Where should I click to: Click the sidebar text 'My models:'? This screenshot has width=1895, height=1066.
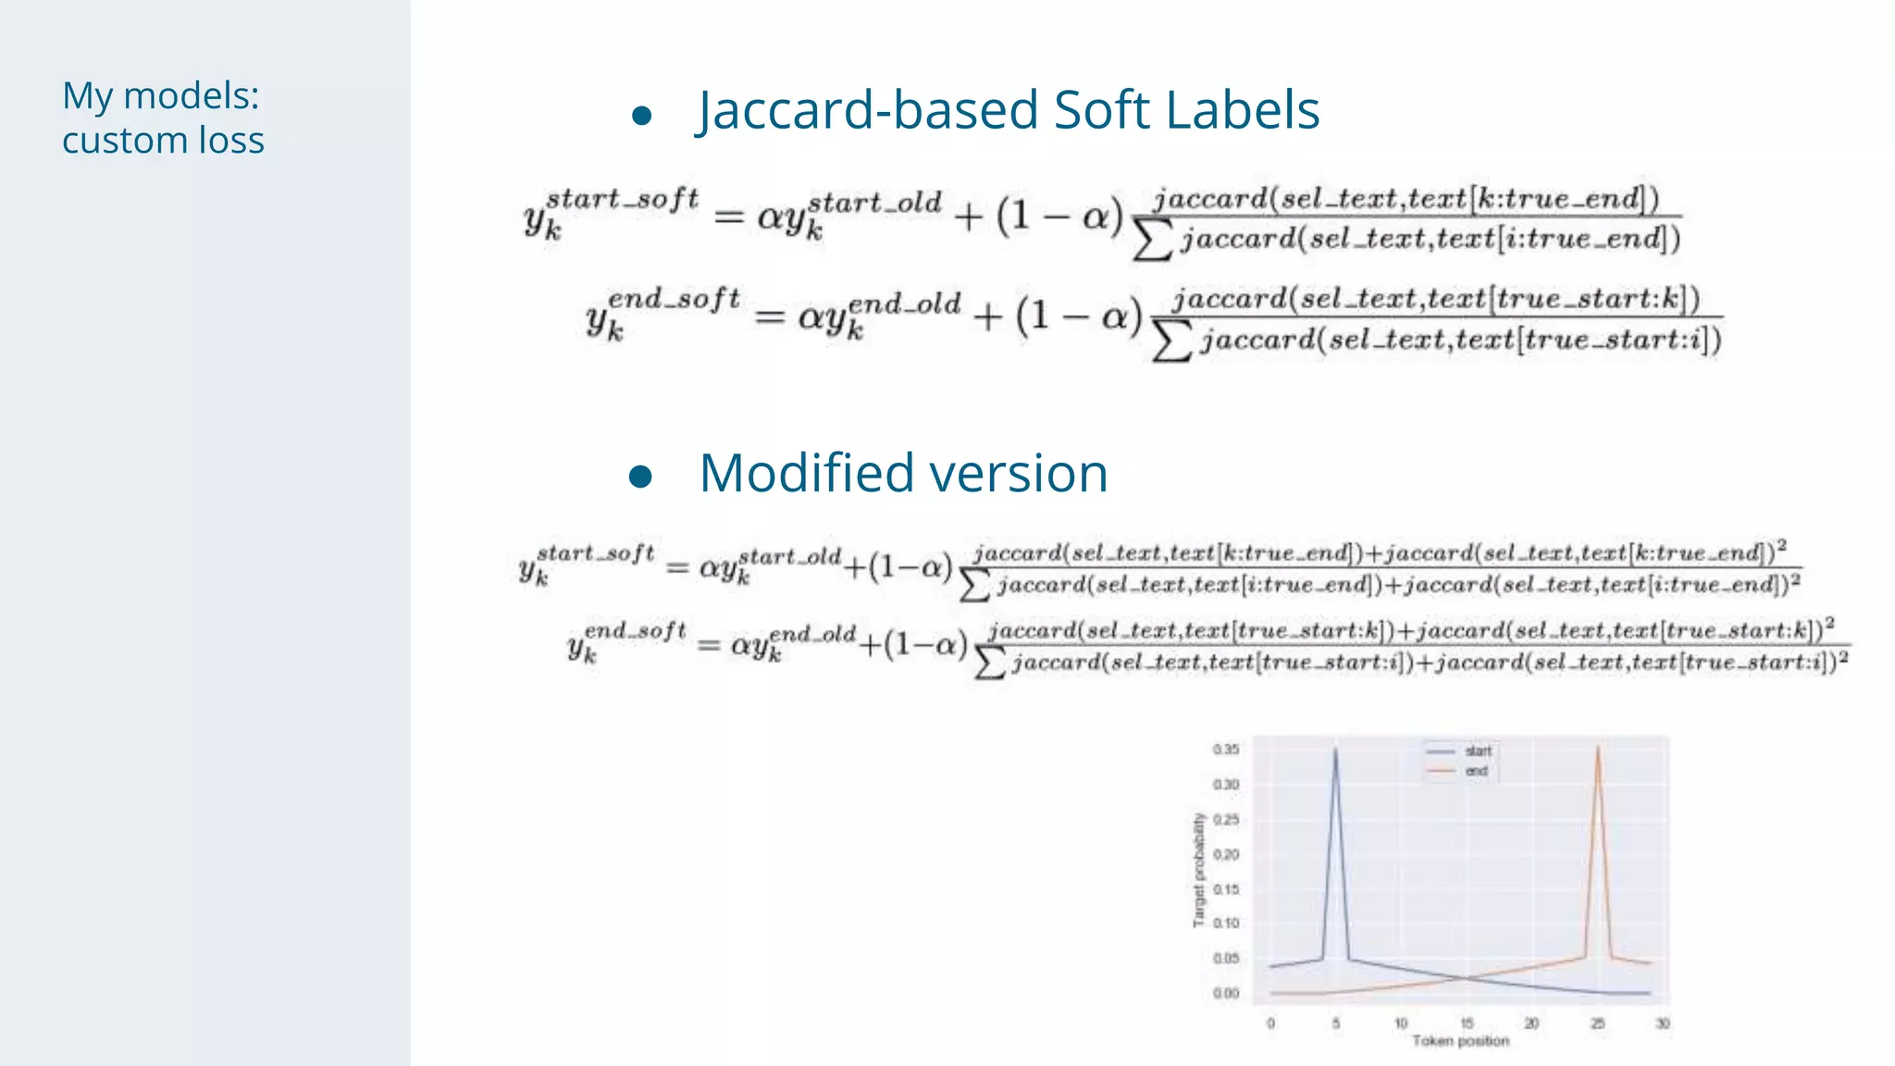(161, 95)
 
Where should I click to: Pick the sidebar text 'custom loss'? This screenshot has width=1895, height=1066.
(163, 141)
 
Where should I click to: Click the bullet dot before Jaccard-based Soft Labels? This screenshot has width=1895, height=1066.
(642, 116)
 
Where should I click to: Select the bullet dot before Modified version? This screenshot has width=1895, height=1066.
(640, 477)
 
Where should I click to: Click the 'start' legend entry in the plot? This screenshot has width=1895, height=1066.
(1478, 750)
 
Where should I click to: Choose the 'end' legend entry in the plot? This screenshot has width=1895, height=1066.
(1476, 771)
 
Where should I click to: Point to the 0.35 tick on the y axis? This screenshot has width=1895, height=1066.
(1226, 750)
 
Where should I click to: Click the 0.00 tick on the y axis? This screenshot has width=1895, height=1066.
(1226, 994)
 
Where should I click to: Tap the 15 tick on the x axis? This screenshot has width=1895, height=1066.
(1467, 1023)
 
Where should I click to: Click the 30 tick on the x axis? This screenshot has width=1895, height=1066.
(1663, 1023)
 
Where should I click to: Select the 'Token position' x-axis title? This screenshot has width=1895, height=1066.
(1460, 1042)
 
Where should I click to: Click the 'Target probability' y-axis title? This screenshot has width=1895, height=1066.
(1199, 870)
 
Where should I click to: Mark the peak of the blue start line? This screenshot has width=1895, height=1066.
(1335, 750)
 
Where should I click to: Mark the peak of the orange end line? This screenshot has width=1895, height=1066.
(1598, 748)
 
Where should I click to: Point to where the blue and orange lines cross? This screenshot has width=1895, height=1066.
(1466, 978)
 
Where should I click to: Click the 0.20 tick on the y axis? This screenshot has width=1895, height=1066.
(1226, 854)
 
